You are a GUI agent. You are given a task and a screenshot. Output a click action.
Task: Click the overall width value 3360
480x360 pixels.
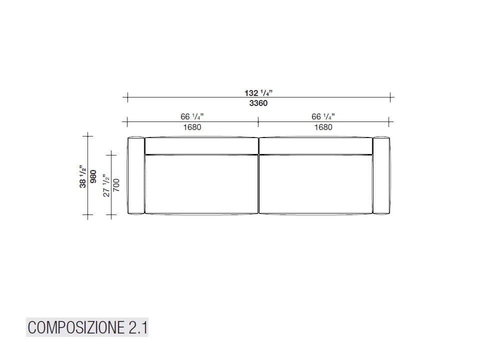click(258, 103)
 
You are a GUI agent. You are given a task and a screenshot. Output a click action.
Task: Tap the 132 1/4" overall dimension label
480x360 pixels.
click(258, 93)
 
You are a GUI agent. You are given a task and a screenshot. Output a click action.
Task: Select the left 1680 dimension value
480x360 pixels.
click(192, 127)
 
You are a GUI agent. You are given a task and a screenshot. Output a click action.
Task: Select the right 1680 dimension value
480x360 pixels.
click(323, 127)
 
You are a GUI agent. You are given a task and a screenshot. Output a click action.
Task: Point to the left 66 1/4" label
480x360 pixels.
click(192, 116)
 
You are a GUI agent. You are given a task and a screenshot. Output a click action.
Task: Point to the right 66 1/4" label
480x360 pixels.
click(323, 116)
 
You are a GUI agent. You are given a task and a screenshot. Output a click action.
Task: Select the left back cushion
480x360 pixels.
click(201, 145)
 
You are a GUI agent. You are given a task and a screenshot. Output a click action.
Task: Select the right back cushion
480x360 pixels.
click(315, 145)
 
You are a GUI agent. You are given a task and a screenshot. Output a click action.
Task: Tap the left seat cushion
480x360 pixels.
click(201, 184)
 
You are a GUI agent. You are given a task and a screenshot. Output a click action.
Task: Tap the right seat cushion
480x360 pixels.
click(315, 184)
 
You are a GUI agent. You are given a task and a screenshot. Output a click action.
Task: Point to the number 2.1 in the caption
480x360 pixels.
click(137, 328)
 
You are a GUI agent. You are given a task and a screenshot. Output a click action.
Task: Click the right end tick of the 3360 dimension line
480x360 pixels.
click(391, 97)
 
